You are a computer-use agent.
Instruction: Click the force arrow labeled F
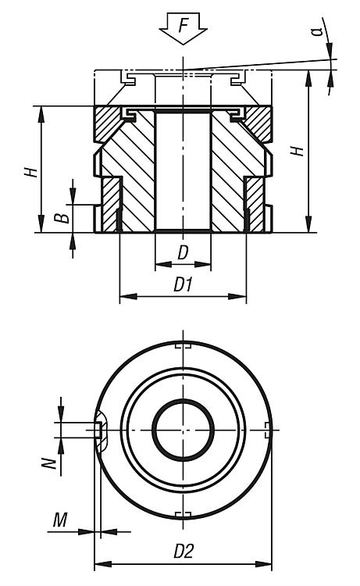[x=183, y=28]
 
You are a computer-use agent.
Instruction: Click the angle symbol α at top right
[x=318, y=30]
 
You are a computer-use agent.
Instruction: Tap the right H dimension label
[x=298, y=151]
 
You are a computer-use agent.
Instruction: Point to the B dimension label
[x=62, y=217]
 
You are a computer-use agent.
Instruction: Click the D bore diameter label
[x=182, y=252]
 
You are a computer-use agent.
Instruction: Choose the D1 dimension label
[x=183, y=285]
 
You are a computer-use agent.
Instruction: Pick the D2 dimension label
[x=184, y=552]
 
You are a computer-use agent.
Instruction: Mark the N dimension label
[x=49, y=463]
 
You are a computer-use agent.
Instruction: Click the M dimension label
[x=60, y=520]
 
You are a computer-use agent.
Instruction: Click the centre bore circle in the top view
[x=183, y=430]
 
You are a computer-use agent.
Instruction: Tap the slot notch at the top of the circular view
[x=183, y=345]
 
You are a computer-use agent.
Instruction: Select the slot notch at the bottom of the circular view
[x=183, y=515]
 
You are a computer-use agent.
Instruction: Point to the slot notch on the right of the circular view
[x=267, y=431]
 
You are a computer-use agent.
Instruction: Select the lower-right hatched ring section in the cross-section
[x=255, y=204]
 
